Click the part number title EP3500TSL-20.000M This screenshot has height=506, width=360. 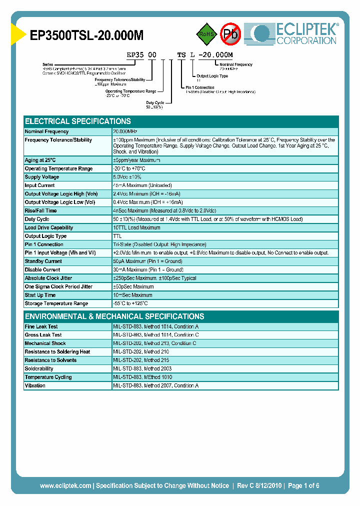click(x=87, y=35)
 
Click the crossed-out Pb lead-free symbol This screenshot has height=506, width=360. click(x=231, y=34)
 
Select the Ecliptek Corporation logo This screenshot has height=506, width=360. click(x=295, y=33)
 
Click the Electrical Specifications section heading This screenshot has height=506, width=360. click(x=78, y=121)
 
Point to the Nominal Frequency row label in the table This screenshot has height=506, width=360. click(x=46, y=131)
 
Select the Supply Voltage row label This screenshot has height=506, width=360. click(x=42, y=177)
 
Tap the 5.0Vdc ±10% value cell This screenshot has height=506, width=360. click(x=127, y=177)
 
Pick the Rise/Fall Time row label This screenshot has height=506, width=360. click(x=41, y=210)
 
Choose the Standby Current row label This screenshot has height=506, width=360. click(x=43, y=261)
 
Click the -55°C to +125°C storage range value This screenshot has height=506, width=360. click(x=130, y=303)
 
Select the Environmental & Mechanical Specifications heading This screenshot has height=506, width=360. click(x=114, y=316)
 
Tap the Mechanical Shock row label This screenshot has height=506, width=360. click(x=45, y=343)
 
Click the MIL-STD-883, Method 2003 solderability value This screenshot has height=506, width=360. click(x=142, y=369)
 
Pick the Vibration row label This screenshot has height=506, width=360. click(x=35, y=385)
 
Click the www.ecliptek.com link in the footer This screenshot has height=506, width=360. click(x=65, y=485)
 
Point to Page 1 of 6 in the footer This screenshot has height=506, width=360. click(x=303, y=485)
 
